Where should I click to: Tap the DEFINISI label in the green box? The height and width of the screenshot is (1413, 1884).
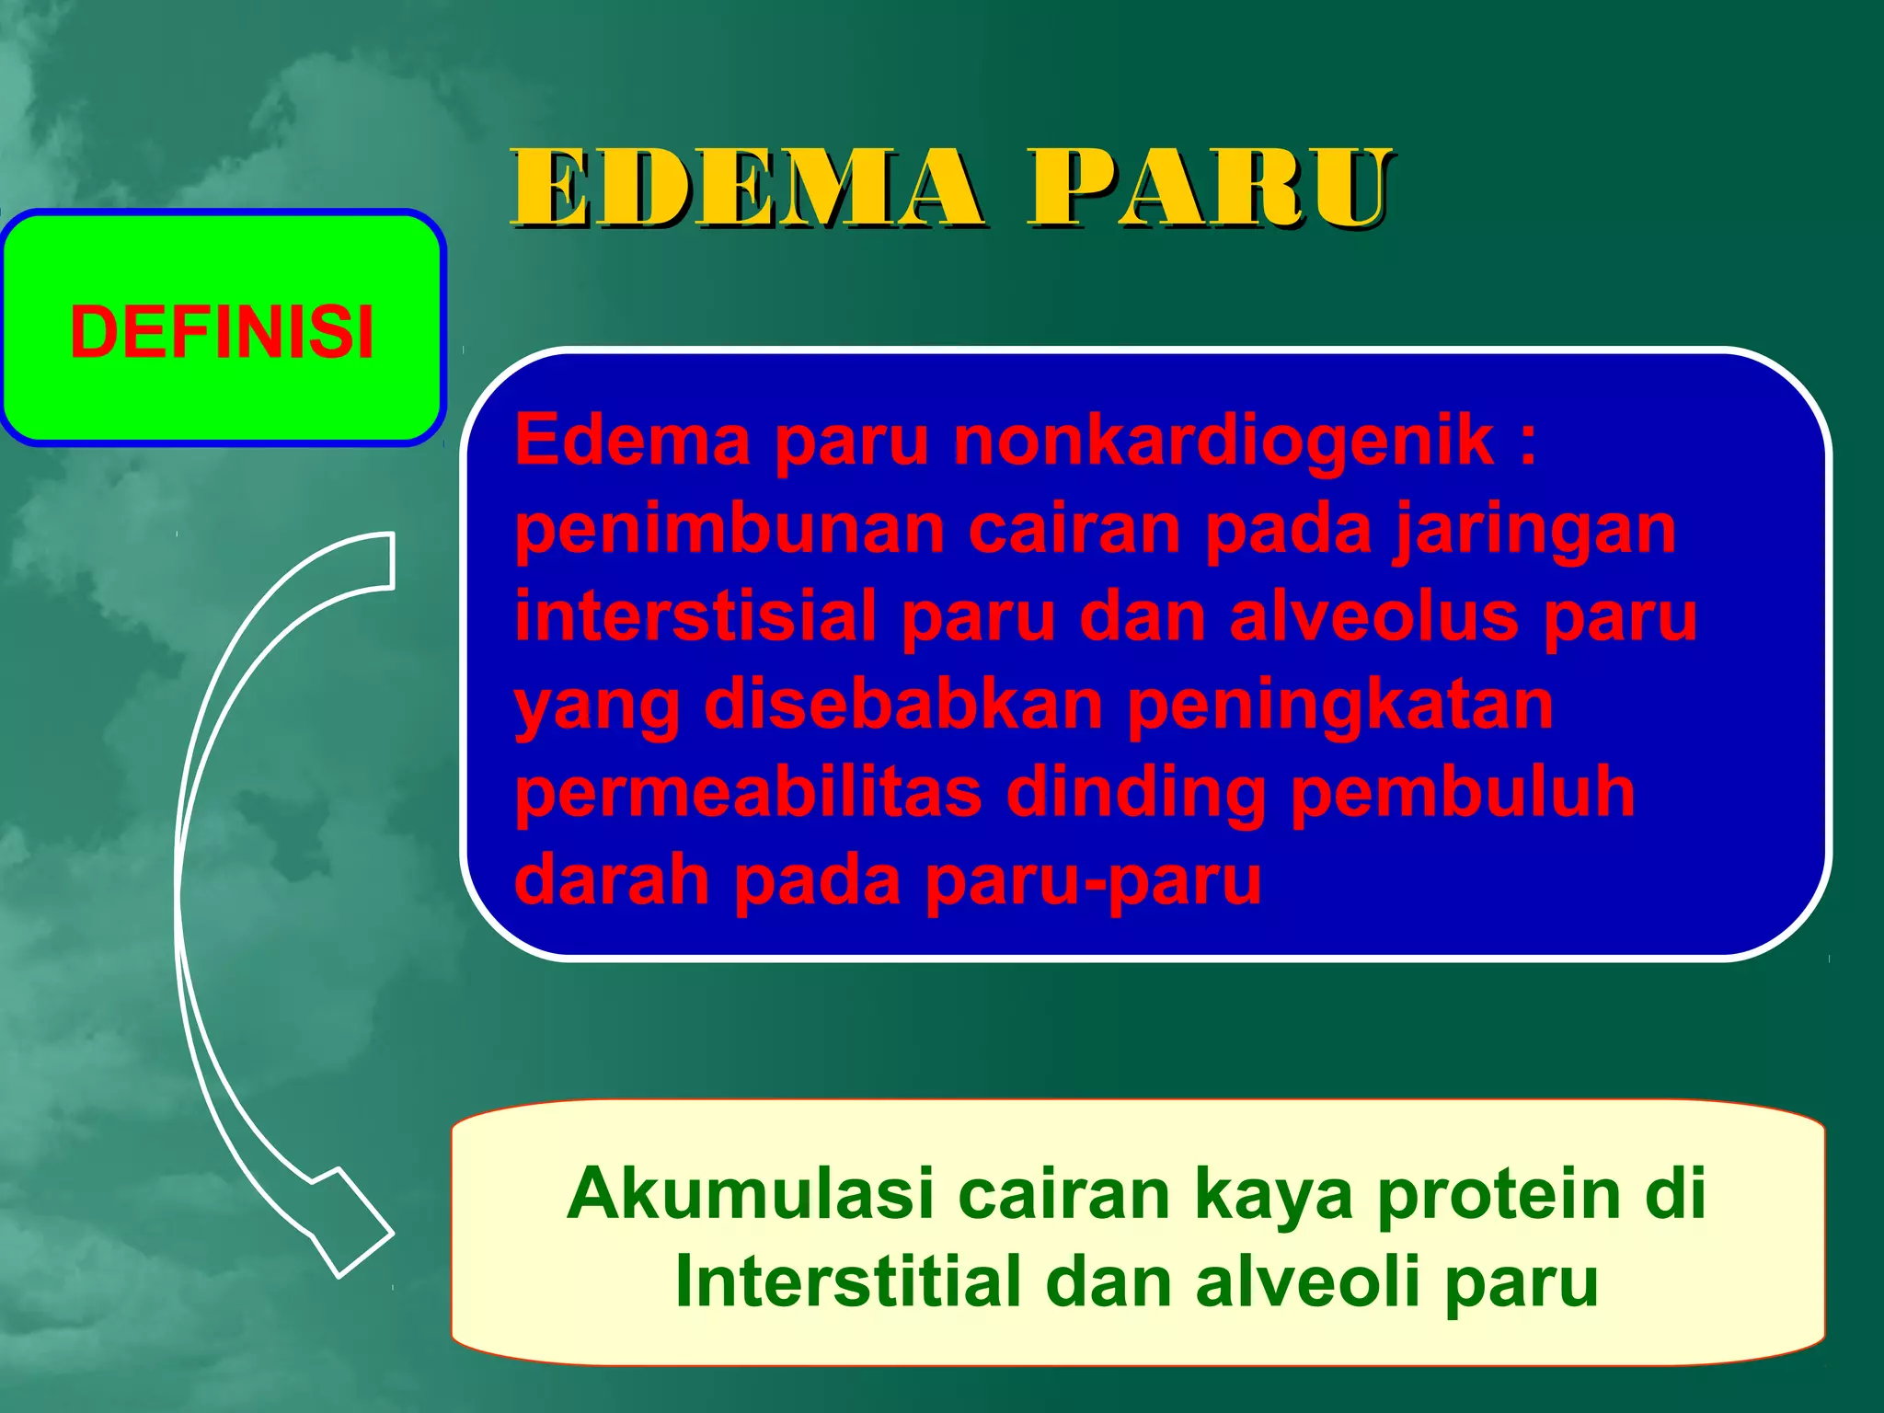point(222,331)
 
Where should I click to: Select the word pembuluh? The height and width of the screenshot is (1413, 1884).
point(1462,792)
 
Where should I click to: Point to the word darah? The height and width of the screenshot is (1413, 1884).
point(611,880)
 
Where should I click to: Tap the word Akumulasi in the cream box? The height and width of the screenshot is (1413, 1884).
point(750,1194)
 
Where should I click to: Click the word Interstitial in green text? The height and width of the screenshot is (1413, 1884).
point(847,1281)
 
